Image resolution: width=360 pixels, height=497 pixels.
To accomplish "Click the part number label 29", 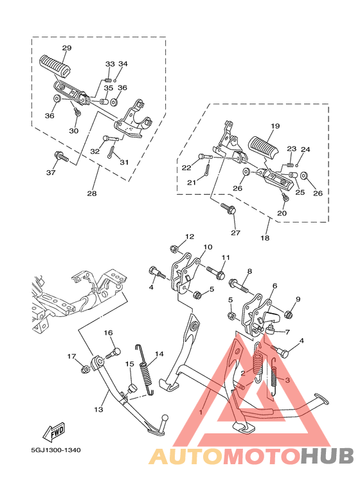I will [67, 48].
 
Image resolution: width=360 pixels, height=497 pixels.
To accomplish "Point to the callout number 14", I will [159, 354].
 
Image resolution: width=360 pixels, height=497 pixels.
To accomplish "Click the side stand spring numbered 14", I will [147, 375].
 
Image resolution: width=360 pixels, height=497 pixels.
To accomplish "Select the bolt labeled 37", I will [60, 156].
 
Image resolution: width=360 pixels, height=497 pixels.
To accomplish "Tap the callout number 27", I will [235, 233].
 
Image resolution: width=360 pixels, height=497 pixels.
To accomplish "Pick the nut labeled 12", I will [174, 249].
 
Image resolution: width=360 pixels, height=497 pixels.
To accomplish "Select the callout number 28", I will [91, 193].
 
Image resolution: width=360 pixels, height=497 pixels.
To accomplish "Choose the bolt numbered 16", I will [116, 351].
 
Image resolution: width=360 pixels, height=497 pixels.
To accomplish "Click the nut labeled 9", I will [288, 314].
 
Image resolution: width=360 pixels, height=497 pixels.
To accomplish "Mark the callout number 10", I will [208, 247].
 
